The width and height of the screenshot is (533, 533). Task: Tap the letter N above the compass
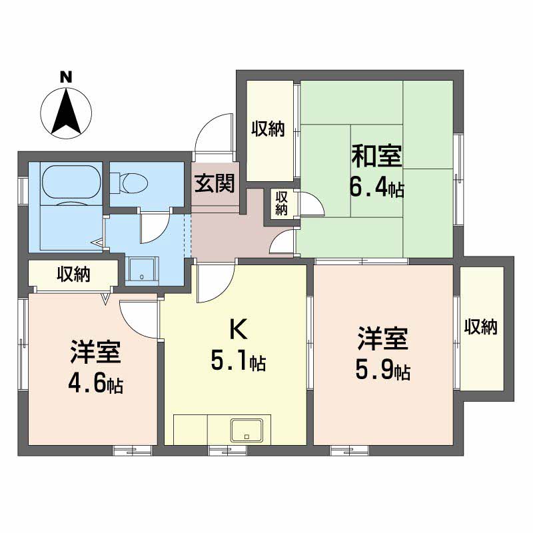point(66,77)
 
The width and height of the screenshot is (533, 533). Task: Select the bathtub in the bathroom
point(72,182)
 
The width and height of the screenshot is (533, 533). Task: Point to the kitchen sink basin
point(247,430)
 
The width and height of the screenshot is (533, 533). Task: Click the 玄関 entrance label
point(215,183)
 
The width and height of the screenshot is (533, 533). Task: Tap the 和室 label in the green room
point(376,156)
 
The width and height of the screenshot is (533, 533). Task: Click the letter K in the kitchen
point(239,329)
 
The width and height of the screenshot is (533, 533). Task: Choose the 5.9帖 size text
point(382,370)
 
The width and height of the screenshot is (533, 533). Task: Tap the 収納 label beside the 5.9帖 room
point(481,326)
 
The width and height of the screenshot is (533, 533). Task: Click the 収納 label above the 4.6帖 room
point(73,274)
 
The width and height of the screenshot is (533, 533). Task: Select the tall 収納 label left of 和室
point(268,129)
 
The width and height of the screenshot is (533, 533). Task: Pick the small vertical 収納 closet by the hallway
point(281,203)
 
